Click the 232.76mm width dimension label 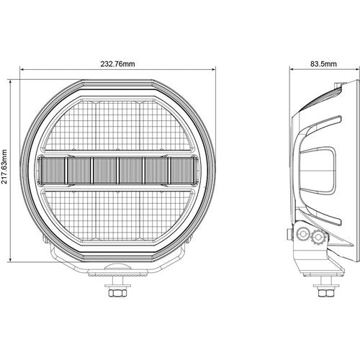point(117,64)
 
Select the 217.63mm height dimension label point(4,167)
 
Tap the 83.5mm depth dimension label point(323,64)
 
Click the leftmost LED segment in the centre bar point(53,171)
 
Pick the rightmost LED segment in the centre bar point(182,171)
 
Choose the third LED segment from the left point(104,171)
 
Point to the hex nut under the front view point(117,293)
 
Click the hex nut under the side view point(324,293)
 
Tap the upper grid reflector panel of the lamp point(117,125)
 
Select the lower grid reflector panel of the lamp point(117,217)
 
